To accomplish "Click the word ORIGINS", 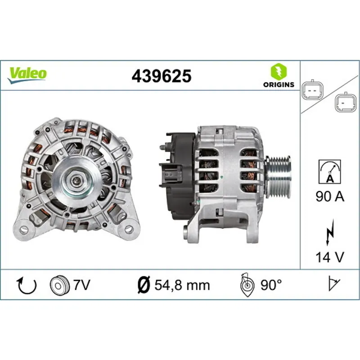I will click(x=279, y=84).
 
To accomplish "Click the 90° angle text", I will click(x=271, y=284).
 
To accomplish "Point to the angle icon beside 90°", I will click(x=247, y=284).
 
